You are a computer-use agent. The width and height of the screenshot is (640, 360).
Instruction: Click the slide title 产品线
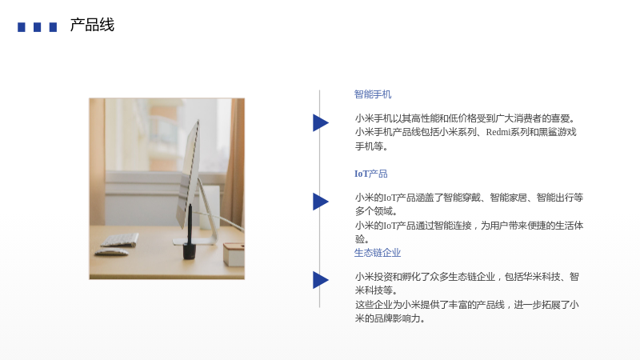pos(92,26)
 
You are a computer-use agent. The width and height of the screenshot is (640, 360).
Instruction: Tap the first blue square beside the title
pos(22,27)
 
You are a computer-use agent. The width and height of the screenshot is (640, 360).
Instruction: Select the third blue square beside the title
pos(53,27)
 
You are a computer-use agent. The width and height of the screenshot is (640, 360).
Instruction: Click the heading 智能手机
pos(373,94)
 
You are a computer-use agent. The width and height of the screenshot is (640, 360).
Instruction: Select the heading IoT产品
pos(370,174)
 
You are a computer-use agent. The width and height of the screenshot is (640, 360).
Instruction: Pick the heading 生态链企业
pos(378,253)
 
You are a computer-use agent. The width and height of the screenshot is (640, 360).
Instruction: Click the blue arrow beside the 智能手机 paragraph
pos(321,123)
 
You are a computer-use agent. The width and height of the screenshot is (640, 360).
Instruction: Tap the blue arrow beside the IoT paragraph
pos(321,202)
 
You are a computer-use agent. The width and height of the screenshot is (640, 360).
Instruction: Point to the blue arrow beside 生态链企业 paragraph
pos(321,280)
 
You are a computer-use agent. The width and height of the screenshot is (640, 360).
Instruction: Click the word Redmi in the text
pos(498,132)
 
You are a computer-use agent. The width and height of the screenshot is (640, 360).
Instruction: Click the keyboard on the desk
pos(119,240)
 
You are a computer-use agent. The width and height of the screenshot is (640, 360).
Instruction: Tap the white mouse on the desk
pos(110,253)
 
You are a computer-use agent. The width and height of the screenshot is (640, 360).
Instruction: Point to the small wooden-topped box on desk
pos(234,254)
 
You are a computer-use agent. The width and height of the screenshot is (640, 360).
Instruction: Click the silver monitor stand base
pos(196,242)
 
